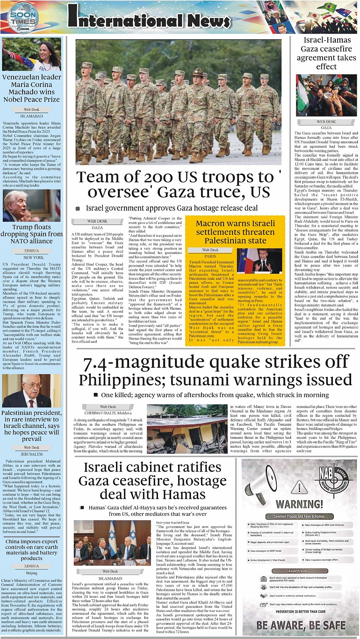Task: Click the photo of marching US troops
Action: click(x=178, y=102)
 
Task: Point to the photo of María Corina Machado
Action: click(x=31, y=54)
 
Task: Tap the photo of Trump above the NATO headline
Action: click(x=31, y=205)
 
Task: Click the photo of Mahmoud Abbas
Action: click(x=31, y=391)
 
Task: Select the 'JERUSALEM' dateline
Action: click(x=31, y=454)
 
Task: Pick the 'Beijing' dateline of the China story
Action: click(x=31, y=573)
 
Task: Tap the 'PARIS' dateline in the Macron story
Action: click(x=210, y=256)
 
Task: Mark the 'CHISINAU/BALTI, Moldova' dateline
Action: click(x=108, y=413)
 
